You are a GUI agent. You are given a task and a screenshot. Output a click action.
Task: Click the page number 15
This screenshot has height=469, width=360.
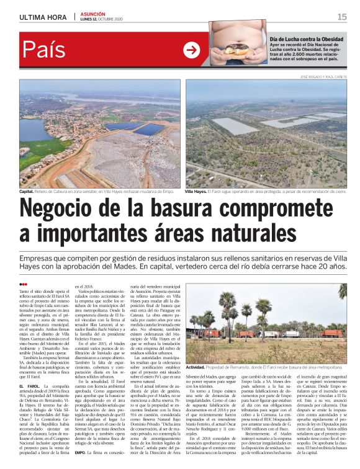coord(341,17)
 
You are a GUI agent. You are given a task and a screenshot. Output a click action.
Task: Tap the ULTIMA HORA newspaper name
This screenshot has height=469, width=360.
coord(43,17)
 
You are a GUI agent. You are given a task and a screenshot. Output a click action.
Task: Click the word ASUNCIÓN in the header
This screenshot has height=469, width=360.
coord(93,14)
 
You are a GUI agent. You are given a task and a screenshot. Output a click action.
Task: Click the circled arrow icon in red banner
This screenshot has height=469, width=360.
coord(192,50)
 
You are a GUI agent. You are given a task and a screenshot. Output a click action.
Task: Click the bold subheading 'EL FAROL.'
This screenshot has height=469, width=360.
coord(30,386)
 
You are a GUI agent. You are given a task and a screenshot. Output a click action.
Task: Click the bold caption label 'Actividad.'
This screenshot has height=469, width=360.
coord(199,351)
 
